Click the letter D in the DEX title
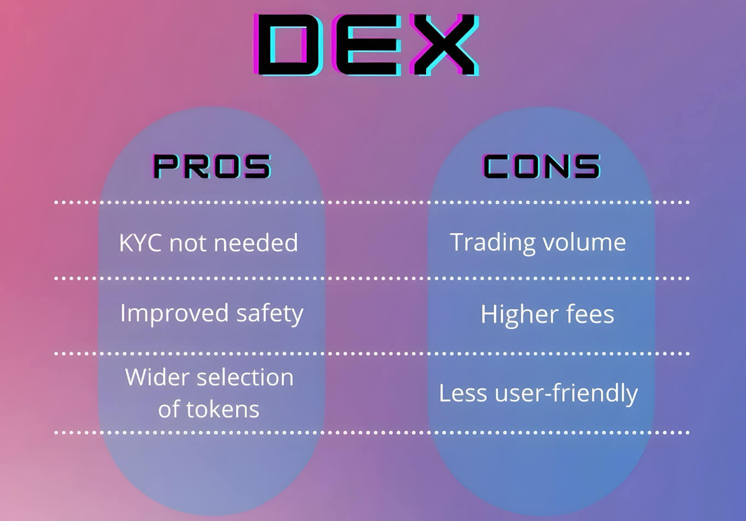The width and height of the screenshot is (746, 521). point(288,45)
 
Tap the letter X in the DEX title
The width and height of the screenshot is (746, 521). point(445,45)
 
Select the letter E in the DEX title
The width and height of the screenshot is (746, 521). point(366,45)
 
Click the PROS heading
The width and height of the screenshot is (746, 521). point(212,166)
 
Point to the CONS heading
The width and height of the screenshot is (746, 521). point(541,166)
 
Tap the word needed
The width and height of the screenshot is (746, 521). point(256,242)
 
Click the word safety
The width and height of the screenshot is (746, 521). point(270,314)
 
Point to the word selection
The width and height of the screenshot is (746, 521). point(245,377)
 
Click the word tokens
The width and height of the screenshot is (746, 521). point(223,409)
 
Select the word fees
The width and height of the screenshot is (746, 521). point(590,314)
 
